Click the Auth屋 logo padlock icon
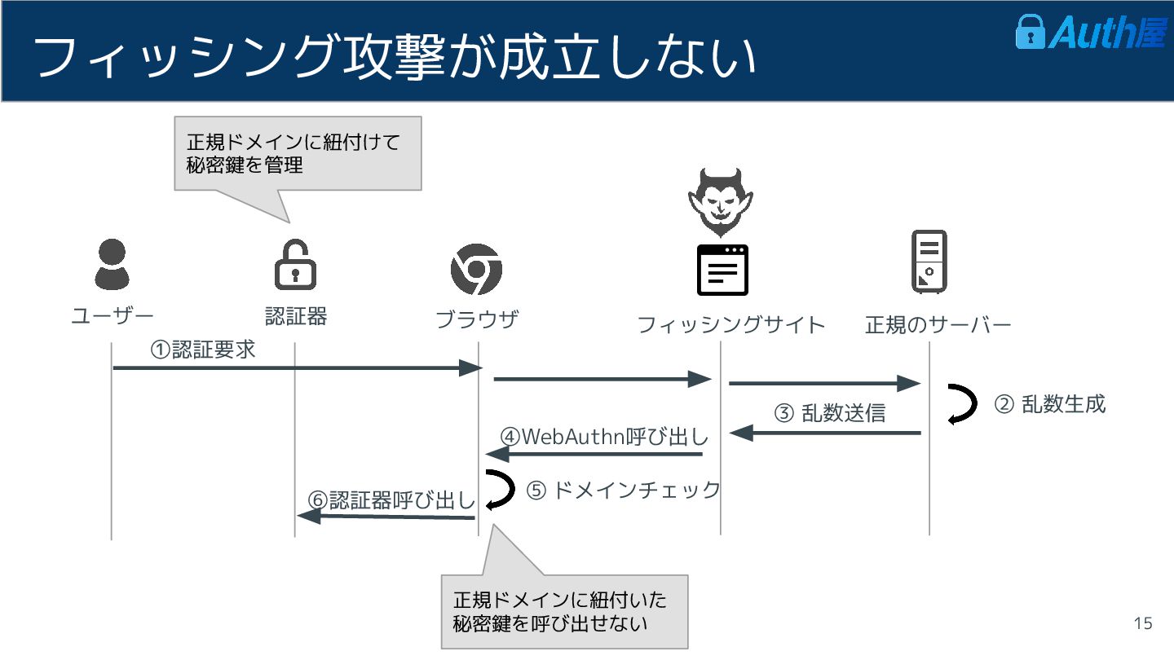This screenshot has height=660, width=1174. coord(1030,31)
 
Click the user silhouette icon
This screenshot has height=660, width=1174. coord(111,266)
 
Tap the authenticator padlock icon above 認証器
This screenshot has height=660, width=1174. coord(295,265)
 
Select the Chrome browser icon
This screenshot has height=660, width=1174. coord(476,269)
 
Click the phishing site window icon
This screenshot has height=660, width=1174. coord(722,270)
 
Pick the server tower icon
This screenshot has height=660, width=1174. coord(929,262)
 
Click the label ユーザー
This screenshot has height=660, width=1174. coord(112,316)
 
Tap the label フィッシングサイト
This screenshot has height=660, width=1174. coord(730,324)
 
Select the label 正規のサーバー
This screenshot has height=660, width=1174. coord(938,324)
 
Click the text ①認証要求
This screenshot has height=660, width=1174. coord(203,350)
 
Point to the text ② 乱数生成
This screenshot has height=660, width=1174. coord(1050,403)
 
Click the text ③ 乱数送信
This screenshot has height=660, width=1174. coord(829,413)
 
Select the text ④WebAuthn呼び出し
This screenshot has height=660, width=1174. coord(604,436)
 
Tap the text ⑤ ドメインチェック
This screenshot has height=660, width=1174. coord(624,490)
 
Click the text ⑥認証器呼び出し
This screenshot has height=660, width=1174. coord(391,499)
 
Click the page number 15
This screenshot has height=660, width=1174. coord(1143,623)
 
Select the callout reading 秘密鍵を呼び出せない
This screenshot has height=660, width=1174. coord(564,612)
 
